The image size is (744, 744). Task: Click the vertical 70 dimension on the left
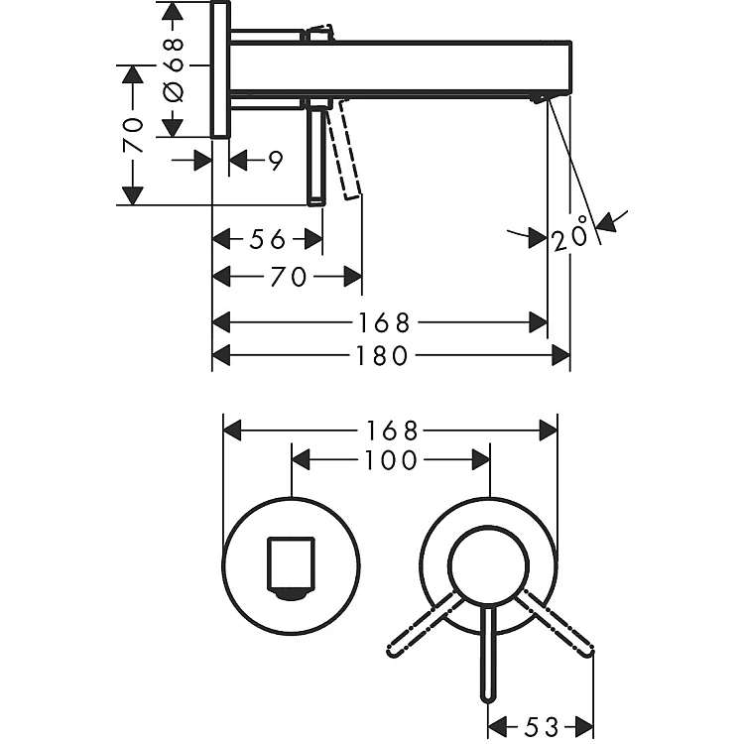(x=132, y=135)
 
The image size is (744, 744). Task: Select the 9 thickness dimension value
(x=275, y=162)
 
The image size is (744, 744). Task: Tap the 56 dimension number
(x=268, y=239)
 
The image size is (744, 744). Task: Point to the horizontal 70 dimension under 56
(x=288, y=277)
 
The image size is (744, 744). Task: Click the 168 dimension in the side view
(x=383, y=323)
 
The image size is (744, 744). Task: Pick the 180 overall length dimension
(x=382, y=355)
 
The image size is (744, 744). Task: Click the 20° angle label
(x=570, y=234)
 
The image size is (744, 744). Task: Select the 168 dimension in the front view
(x=392, y=431)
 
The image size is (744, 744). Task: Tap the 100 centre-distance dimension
(x=391, y=460)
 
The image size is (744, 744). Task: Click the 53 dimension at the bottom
(x=543, y=726)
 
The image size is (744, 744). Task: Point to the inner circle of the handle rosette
(x=489, y=566)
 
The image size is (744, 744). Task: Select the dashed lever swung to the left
(x=425, y=624)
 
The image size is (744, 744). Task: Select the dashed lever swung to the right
(x=555, y=624)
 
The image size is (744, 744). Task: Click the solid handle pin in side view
(x=316, y=157)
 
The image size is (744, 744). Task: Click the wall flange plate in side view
(x=220, y=69)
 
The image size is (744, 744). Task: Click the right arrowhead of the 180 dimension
(x=560, y=355)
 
